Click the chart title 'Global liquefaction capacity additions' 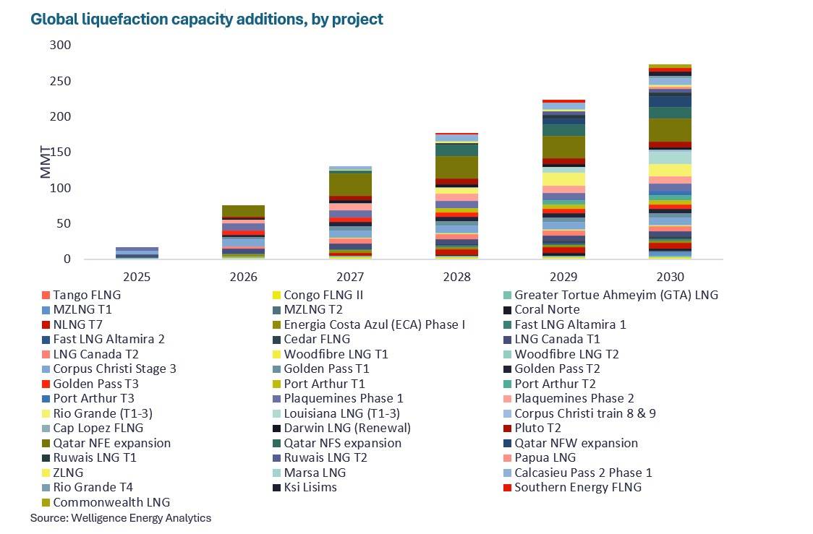coord(207,20)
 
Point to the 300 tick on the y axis coord(61,46)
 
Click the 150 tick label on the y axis coord(61,152)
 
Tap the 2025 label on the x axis coord(137,277)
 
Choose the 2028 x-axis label coord(457,277)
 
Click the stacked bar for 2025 coord(137,253)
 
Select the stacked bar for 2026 coord(244,232)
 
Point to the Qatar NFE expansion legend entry coord(111,443)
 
